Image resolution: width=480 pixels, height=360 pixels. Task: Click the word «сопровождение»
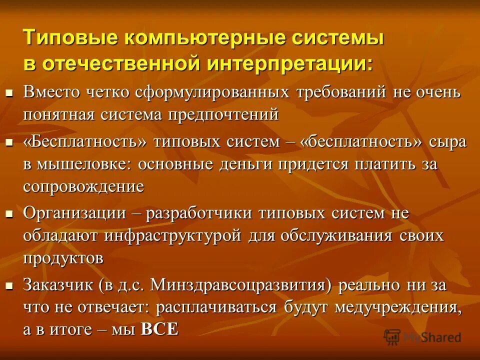tap(83, 186)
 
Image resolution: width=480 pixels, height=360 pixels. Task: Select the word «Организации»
tap(74, 213)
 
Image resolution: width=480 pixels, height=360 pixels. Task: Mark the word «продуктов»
tap(63, 258)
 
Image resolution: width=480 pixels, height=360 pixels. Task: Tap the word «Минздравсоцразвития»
tap(235, 285)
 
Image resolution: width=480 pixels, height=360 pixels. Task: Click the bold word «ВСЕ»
tap(159, 330)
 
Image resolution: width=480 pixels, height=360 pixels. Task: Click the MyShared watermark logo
tap(422, 336)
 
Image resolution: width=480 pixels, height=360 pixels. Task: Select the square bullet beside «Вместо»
tap(8, 92)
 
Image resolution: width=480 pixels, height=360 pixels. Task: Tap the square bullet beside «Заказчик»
tap(8, 285)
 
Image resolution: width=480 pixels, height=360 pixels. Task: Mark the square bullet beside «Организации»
tap(8, 213)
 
